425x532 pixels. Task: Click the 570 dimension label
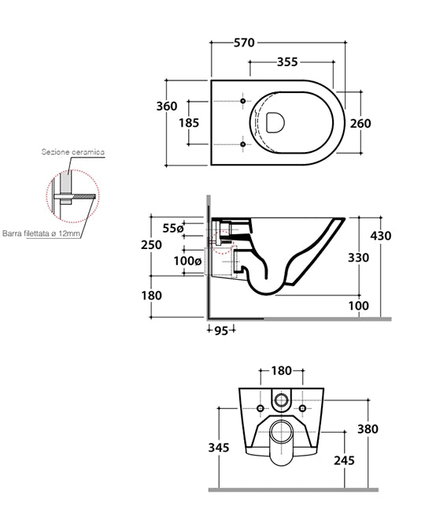pyautogui.click(x=244, y=43)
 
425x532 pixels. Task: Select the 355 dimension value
pyautogui.click(x=287, y=62)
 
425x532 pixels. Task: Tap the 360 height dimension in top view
pyautogui.click(x=167, y=106)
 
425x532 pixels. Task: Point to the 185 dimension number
pyautogui.click(x=189, y=123)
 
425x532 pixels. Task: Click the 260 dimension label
pyautogui.click(x=360, y=124)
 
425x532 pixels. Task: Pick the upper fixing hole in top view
pyautogui.click(x=243, y=101)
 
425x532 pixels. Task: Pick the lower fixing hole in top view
pyautogui.click(x=243, y=144)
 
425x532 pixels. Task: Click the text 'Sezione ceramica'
pyautogui.click(x=73, y=152)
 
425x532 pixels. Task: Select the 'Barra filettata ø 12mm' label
pyautogui.click(x=42, y=234)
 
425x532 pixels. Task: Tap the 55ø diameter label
pyautogui.click(x=173, y=229)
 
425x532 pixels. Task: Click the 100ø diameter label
pyautogui.click(x=188, y=261)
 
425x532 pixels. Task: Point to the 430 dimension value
pyautogui.click(x=381, y=236)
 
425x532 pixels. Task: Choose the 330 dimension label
pyautogui.click(x=359, y=258)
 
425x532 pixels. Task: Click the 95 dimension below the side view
pyautogui.click(x=221, y=330)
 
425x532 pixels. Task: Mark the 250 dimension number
pyautogui.click(x=151, y=244)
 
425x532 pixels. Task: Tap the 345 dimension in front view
pyautogui.click(x=219, y=448)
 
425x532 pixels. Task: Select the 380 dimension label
pyautogui.click(x=368, y=430)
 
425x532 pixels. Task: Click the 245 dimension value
pyautogui.click(x=345, y=461)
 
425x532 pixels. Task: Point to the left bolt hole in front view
pyautogui.click(x=261, y=408)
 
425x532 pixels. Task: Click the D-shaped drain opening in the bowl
pyautogui.click(x=275, y=122)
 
